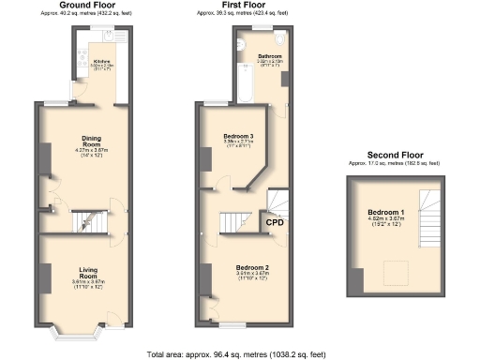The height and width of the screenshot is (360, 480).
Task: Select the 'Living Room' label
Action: (x=86, y=273)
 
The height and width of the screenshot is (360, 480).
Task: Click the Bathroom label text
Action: (x=271, y=56)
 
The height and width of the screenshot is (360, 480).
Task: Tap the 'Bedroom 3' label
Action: (x=239, y=137)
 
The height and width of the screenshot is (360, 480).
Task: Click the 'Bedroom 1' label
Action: (x=387, y=212)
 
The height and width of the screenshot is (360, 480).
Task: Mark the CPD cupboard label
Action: (x=275, y=223)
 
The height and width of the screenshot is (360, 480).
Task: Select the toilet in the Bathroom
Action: (x=280, y=42)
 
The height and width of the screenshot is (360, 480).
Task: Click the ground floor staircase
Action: (x=89, y=221)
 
